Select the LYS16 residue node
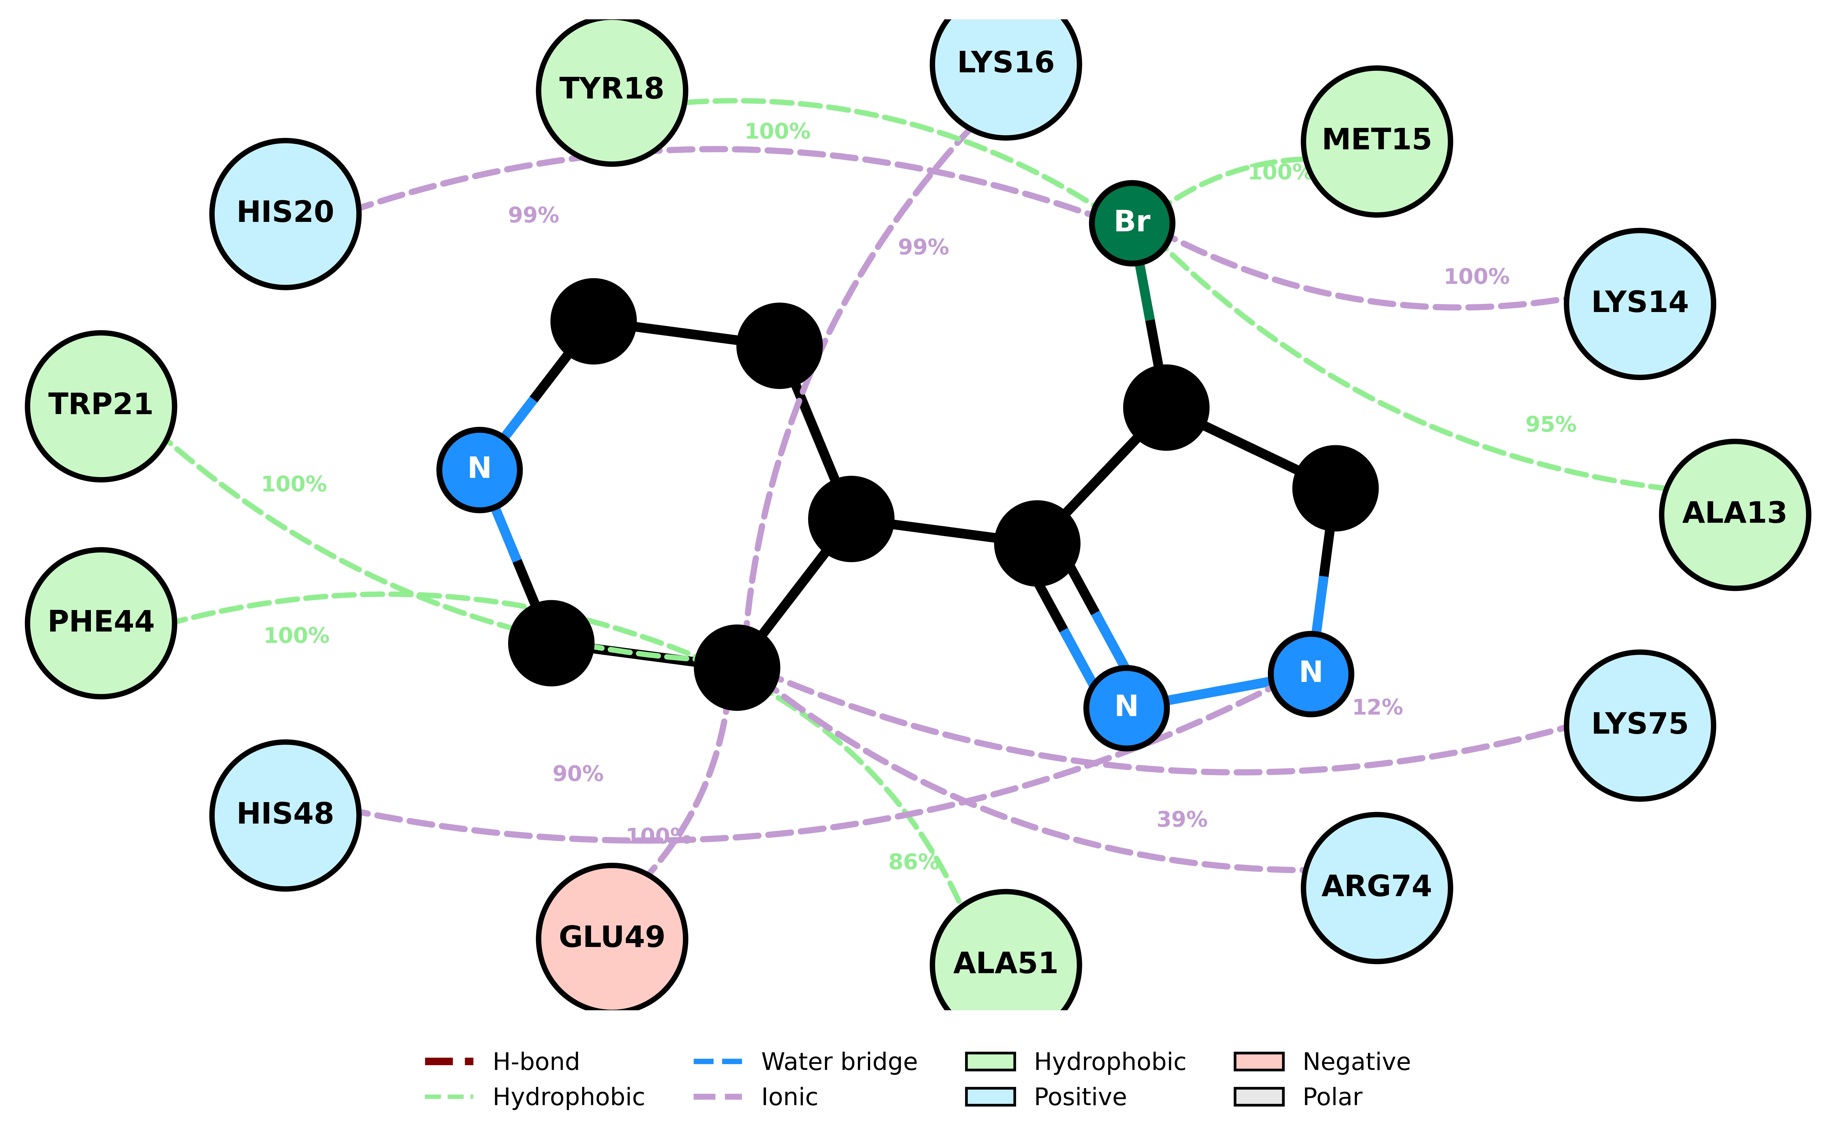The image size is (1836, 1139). coord(1006,64)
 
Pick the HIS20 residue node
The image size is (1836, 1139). coord(286,214)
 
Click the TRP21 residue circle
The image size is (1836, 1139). coord(101,406)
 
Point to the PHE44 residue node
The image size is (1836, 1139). coord(101,623)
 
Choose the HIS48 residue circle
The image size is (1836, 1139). coord(286,815)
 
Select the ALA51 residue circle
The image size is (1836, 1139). coord(1006,964)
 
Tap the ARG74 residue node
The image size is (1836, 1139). coord(1377,887)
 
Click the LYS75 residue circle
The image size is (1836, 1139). coord(1640,725)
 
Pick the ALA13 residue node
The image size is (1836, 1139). coord(1735,515)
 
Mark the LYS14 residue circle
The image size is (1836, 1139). coord(1640,304)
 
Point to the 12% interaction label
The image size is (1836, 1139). coord(1378,707)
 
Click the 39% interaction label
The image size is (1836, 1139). coord(1182,820)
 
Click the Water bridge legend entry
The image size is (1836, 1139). coord(805,1062)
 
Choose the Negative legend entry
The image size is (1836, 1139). coord(1322,1062)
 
